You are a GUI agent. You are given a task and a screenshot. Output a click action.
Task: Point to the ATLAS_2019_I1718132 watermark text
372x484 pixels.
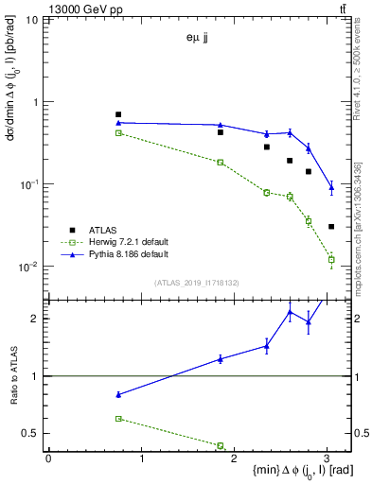(198, 282)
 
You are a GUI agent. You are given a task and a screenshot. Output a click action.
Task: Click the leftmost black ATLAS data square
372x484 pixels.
(118, 114)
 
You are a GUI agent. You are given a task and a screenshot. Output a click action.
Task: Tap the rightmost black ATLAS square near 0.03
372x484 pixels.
(331, 227)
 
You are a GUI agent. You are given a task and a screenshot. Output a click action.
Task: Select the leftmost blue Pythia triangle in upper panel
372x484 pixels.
(118, 123)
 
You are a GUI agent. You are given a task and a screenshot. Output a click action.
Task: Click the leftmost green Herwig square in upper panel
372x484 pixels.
(118, 133)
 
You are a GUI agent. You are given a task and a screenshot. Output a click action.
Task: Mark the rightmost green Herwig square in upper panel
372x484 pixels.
(331, 259)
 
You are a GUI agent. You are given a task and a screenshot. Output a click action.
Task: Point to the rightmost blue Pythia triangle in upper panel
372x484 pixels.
(331, 187)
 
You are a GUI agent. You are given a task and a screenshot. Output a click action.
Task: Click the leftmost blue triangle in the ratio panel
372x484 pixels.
(118, 394)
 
